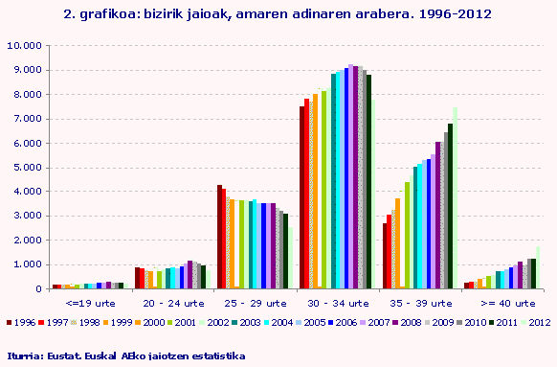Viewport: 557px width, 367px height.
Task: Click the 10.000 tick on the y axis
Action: point(24,45)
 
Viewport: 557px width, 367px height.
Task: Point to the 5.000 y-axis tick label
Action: point(27,167)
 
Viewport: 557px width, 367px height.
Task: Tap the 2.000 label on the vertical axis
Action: point(27,240)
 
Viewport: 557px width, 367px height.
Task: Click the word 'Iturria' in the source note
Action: point(22,356)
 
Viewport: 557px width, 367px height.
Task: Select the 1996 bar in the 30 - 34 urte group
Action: point(301,196)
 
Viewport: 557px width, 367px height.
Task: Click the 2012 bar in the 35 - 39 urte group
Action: point(455,197)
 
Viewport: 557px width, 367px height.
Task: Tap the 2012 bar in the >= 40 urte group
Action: point(538,267)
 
